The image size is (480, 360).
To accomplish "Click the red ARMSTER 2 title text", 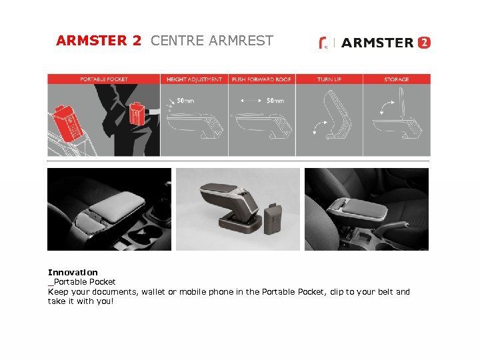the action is pos(99,41).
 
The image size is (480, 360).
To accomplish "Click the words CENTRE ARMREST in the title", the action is pos(212,41).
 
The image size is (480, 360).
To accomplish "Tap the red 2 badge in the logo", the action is pos(424,43).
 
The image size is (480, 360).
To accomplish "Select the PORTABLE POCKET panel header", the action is pos(104,79).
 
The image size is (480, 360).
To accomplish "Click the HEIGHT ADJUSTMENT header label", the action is pos(194,79).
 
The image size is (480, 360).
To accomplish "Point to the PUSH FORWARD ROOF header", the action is pos(261,79).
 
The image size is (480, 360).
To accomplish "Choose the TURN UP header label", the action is pos(329,79).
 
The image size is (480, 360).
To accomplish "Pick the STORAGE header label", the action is pos(397,79).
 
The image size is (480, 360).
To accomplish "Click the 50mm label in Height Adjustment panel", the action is pos(185,101).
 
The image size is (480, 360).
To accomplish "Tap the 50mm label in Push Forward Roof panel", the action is pos(275,101).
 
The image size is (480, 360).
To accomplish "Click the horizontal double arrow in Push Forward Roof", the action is pos(251,101).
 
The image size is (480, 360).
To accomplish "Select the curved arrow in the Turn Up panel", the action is pos(319,127).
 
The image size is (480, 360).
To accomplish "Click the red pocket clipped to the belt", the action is pos(137,114).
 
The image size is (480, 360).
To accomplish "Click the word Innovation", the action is pos(73,272).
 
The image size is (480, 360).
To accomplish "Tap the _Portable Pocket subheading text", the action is pos(82,281).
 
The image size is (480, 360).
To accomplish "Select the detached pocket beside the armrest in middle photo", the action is pos(273,219).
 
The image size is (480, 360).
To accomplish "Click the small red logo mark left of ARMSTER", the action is pos(323,43).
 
